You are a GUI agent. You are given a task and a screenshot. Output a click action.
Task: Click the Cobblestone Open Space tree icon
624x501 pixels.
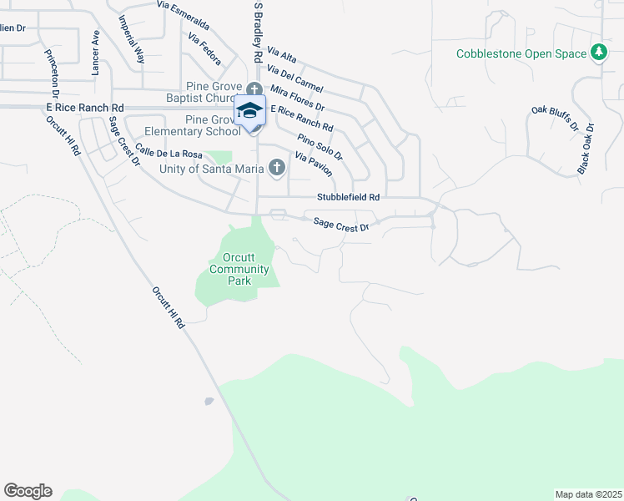598,53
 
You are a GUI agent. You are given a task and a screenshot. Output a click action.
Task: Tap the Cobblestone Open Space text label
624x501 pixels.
521,54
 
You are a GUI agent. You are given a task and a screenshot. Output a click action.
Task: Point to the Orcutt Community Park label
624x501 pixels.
239,269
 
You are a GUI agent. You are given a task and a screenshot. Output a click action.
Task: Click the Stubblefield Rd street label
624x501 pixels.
348,197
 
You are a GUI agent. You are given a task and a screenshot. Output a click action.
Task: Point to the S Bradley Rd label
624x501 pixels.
259,32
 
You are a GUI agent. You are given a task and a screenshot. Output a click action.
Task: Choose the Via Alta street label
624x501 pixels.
282,57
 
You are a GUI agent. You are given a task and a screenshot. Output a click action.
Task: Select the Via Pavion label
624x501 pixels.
313,164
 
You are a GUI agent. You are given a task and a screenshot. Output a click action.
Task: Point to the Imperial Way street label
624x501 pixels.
131,39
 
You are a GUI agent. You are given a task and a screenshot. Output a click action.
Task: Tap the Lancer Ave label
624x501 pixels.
96,53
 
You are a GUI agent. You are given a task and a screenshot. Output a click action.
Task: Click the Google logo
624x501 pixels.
28,491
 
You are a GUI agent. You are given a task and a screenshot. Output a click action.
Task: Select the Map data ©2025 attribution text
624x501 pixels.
588,494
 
